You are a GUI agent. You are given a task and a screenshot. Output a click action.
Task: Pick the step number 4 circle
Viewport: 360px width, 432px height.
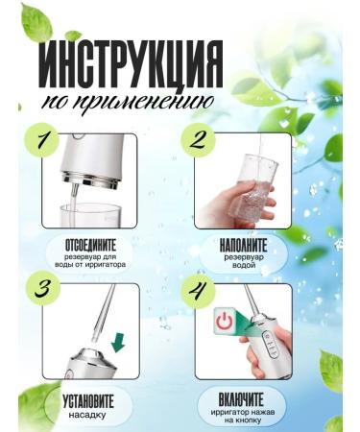click(198, 289)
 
